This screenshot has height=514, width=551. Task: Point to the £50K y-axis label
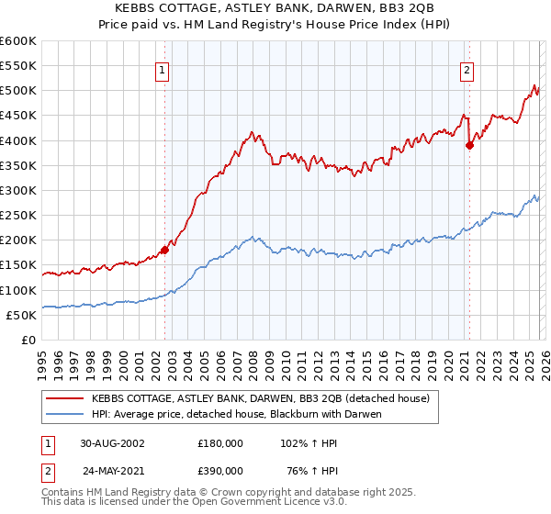(x=22, y=315)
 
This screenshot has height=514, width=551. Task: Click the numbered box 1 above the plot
(x=162, y=69)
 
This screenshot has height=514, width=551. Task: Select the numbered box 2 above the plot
(x=467, y=69)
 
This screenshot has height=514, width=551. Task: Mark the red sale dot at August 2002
(x=165, y=249)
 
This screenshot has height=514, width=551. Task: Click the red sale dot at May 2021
(x=469, y=145)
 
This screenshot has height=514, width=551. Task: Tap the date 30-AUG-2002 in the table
(x=112, y=442)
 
